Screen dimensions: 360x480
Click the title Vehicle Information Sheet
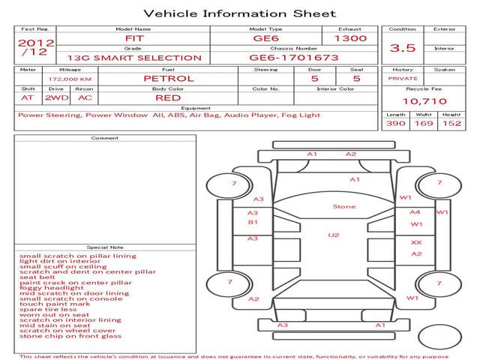coord(239,13)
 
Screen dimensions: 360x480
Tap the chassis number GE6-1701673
coord(294,57)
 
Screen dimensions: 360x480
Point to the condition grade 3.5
coord(403,47)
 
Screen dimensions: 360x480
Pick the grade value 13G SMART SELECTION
coord(133,57)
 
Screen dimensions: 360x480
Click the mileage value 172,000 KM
coord(70,78)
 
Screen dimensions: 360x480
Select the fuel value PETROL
coord(168,78)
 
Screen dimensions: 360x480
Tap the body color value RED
coord(168,97)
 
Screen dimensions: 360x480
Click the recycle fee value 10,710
coord(424,101)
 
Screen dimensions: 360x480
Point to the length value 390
coord(396,123)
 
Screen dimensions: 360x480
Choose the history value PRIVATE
coord(403,78)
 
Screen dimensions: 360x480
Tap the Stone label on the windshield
coord(344,206)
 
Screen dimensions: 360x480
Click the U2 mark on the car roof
coord(334,235)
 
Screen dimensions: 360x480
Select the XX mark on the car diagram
coord(416,242)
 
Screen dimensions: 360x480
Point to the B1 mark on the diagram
coord(253,222)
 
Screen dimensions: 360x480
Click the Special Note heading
coord(104,247)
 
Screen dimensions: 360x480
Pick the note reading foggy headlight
coord(54,288)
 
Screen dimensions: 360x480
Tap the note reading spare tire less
coord(48,309)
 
